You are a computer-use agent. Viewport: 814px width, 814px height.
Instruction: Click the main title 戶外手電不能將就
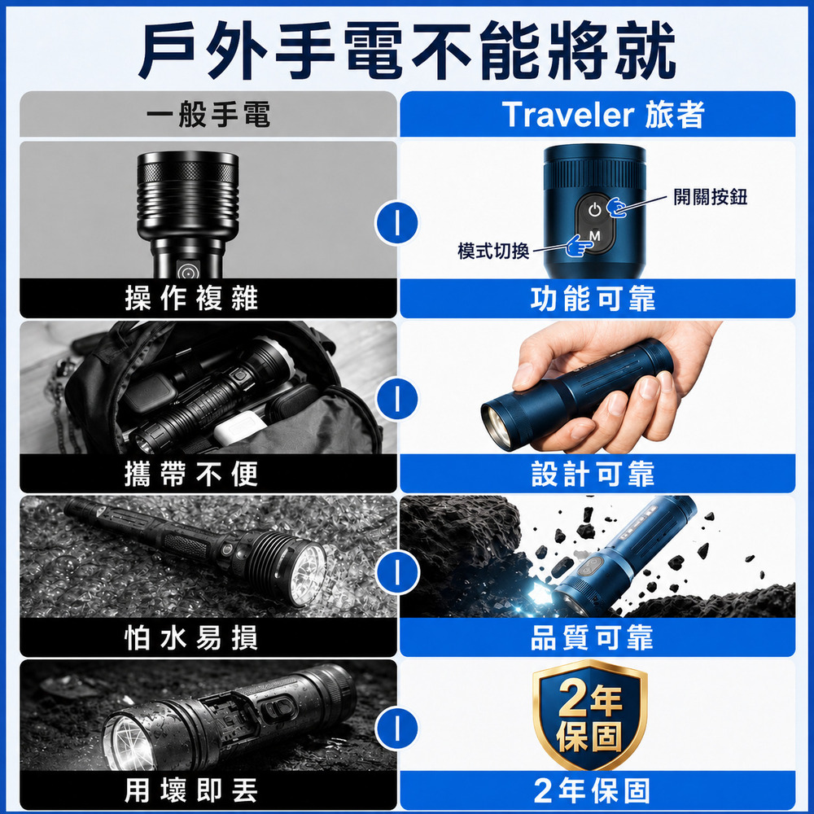(407, 50)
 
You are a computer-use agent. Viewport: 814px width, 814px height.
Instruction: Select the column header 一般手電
(208, 115)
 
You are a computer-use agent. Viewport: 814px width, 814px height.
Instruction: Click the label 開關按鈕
(710, 197)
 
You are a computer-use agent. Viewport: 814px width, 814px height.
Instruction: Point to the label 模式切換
(493, 251)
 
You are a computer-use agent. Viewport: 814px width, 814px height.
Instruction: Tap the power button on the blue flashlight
(595, 210)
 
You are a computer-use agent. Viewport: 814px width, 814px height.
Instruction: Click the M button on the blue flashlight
(595, 237)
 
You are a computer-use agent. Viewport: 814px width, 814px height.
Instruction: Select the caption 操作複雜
(191, 299)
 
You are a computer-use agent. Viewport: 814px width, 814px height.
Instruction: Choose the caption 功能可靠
(593, 299)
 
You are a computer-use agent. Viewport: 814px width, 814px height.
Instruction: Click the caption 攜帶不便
(191, 474)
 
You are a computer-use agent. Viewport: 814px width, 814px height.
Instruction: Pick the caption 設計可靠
(593, 474)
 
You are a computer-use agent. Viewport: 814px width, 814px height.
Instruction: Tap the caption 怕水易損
(191, 638)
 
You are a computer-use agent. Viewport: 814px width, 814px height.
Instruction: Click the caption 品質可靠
(592, 638)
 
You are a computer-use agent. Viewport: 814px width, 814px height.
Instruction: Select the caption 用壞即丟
(191, 790)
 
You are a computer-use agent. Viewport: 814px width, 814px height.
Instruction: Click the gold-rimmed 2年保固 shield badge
(589, 715)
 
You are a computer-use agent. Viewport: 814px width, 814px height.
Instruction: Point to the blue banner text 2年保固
(593, 790)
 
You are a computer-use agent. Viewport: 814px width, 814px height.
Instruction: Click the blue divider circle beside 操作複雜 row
(396, 223)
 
